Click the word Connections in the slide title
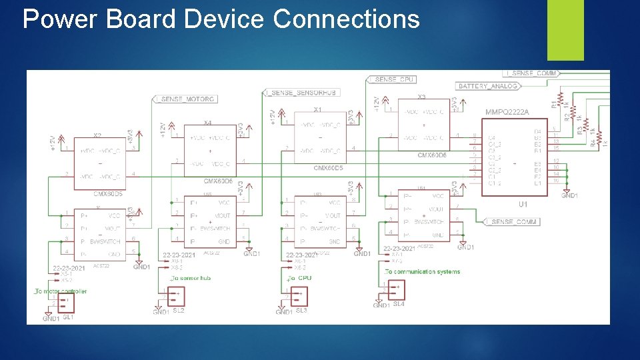click(x=346, y=19)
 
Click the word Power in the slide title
click(x=59, y=19)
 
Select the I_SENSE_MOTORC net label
click(x=185, y=99)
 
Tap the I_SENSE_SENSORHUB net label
click(x=301, y=92)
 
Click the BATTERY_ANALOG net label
click(x=487, y=86)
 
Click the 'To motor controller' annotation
click(x=61, y=291)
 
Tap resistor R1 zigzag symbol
click(x=559, y=100)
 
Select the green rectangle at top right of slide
click(x=565, y=29)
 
